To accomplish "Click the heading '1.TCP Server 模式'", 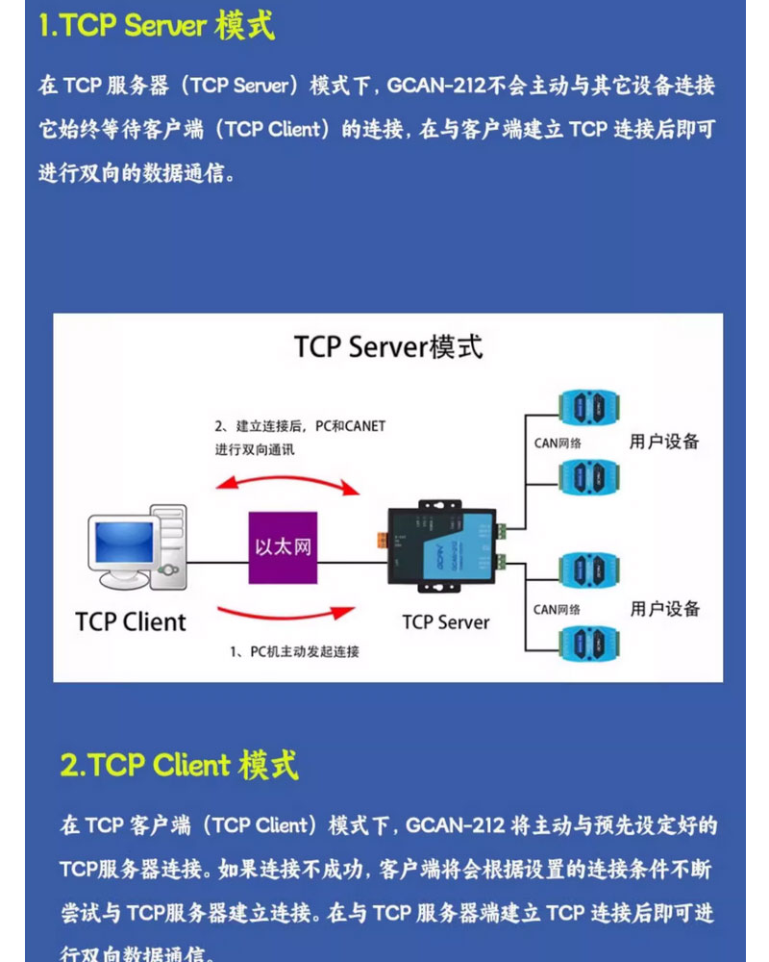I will tap(157, 26).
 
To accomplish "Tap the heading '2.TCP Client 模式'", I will tap(179, 766).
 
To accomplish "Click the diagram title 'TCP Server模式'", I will tap(388, 347).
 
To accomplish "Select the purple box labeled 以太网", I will tap(283, 546).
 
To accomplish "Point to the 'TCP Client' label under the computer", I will tap(131, 621).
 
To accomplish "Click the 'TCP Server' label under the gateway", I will tap(446, 621).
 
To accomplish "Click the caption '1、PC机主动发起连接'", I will tap(295, 652).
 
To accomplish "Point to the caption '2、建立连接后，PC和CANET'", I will tap(299, 426).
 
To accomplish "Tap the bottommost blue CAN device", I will tap(588, 643).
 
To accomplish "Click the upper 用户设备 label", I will tap(664, 443).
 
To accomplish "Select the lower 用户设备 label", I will tap(665, 609).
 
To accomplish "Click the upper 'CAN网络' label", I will tap(558, 443).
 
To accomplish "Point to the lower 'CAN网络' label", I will tap(558, 610).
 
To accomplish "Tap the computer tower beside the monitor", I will tap(172, 545).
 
